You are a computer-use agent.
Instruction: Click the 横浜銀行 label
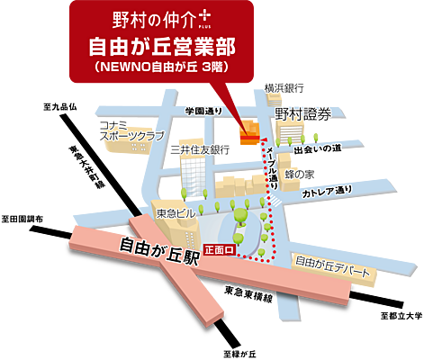285,87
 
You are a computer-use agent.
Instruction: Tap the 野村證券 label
304,114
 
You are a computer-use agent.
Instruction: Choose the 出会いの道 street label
318,147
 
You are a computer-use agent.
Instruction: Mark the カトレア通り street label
326,193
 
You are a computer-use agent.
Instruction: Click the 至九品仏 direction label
60,107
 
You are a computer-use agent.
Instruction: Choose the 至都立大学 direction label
400,316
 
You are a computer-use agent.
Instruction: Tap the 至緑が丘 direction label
241,352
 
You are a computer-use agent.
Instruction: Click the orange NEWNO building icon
246,131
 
